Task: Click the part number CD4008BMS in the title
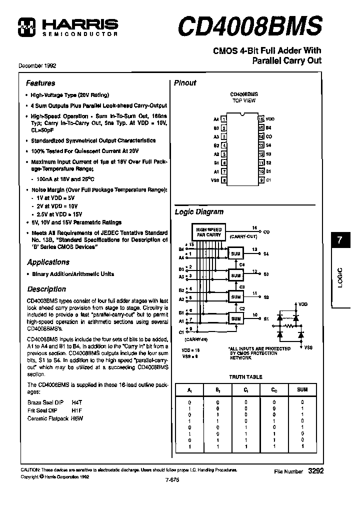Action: (x=249, y=25)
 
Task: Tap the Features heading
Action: (x=40, y=83)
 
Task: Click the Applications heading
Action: (x=48, y=262)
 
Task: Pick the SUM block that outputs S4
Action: (x=235, y=254)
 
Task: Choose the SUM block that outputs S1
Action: (x=235, y=317)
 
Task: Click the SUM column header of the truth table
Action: (x=301, y=389)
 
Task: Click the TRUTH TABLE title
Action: (x=245, y=377)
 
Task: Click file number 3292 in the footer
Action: (x=312, y=471)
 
